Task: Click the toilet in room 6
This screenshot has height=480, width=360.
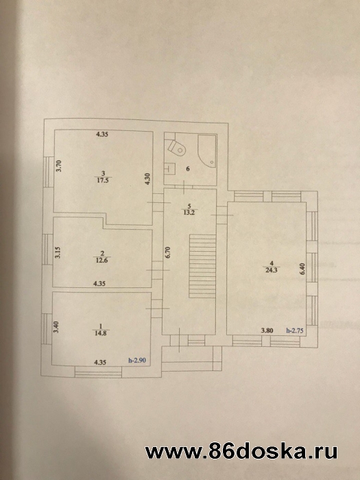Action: tap(177, 148)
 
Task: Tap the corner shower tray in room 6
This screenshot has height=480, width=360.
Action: tap(207, 151)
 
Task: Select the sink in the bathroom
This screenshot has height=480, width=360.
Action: tap(169, 168)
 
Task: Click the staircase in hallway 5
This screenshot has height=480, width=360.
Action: tap(202, 266)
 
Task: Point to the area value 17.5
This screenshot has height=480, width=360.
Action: tap(103, 180)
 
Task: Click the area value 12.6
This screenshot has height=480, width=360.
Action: tap(101, 261)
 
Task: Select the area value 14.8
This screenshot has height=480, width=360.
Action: tap(100, 333)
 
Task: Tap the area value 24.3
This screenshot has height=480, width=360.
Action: tap(272, 270)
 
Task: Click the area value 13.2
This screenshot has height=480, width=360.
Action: tap(189, 213)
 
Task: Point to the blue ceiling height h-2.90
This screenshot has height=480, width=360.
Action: tap(137, 361)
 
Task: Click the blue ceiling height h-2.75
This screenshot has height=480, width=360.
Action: tap(294, 331)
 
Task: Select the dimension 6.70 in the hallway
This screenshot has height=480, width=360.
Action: tap(167, 252)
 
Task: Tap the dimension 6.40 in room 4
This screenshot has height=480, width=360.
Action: tap(302, 269)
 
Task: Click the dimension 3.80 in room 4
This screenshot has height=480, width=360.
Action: tap(267, 331)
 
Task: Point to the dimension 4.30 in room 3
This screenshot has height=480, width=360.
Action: tap(147, 179)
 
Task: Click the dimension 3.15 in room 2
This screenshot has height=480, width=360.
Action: tap(58, 252)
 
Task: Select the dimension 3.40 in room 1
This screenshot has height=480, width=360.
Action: tap(56, 327)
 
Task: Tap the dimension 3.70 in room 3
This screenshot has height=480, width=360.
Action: tap(59, 166)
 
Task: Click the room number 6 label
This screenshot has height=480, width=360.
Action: tap(188, 169)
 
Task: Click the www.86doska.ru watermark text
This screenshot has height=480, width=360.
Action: tap(241, 451)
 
